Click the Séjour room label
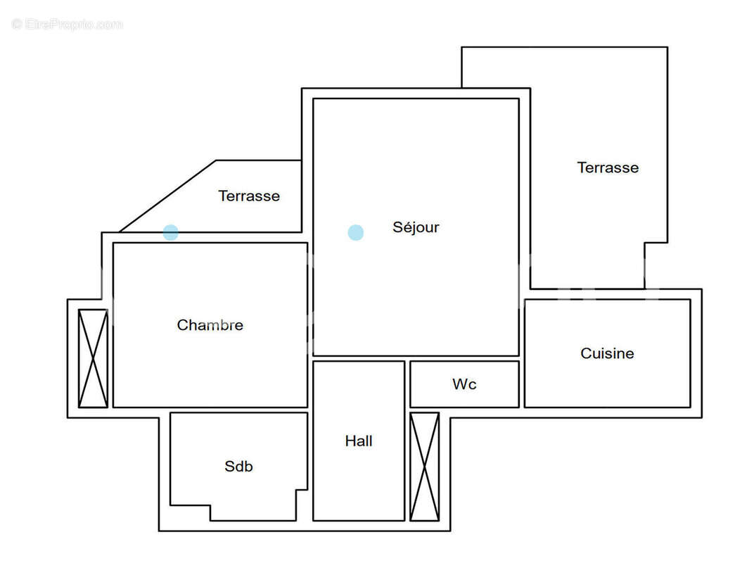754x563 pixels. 416,227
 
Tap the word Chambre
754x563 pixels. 210,325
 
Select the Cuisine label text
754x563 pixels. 607,353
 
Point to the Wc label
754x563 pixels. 464,384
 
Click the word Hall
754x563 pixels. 359,441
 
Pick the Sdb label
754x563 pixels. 238,466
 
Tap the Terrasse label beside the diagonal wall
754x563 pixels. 249,196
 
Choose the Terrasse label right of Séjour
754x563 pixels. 608,167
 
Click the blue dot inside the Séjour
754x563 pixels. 356,232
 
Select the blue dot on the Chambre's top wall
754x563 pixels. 171,232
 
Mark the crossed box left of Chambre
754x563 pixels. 93,358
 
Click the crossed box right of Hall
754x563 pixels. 424,467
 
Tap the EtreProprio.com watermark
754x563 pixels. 67,24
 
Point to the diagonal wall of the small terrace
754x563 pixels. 167,196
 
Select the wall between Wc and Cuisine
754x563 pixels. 522,384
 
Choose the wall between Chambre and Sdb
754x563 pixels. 239,410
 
